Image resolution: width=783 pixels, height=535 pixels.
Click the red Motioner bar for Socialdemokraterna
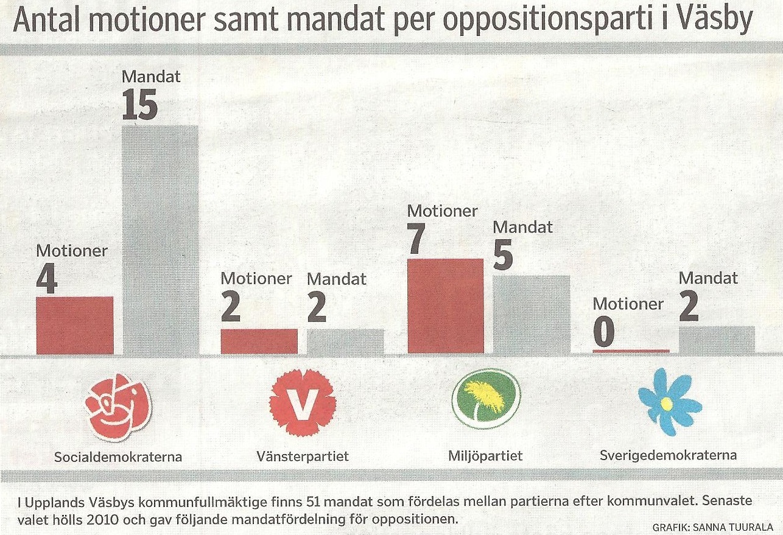click(x=75, y=325)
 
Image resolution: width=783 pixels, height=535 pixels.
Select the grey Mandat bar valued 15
click(x=161, y=240)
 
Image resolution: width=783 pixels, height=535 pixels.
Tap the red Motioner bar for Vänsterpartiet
click(x=259, y=341)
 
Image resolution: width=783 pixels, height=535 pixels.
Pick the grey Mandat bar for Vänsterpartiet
click(x=345, y=341)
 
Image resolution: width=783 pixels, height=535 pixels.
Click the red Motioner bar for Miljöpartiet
click(x=445, y=306)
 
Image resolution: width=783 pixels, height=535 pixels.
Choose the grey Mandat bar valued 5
click(x=531, y=314)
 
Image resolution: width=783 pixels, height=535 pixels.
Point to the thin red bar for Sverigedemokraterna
click(x=631, y=351)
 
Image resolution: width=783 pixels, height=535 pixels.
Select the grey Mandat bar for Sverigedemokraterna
click(x=717, y=340)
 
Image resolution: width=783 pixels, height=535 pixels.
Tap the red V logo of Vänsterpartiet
click(x=303, y=403)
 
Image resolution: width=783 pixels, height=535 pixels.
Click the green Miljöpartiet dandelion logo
click(x=485, y=399)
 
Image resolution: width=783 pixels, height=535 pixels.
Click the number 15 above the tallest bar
click(x=139, y=105)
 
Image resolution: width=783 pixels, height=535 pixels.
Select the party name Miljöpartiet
click(x=485, y=456)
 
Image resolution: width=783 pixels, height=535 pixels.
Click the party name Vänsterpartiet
click(x=303, y=456)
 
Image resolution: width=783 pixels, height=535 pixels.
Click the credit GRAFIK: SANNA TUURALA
click(x=712, y=526)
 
